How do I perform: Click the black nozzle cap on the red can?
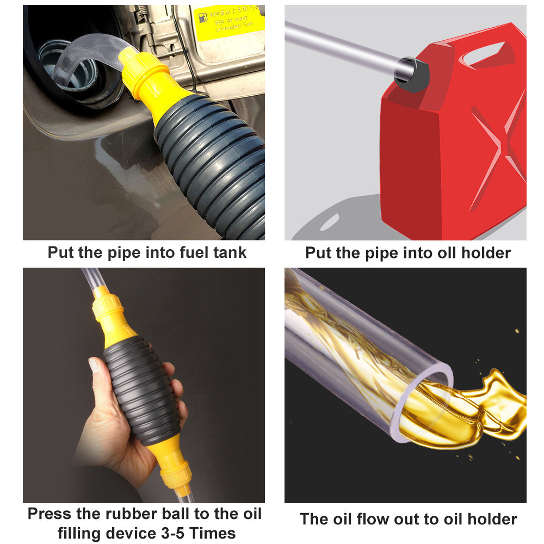pyautogui.click(x=412, y=74)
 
